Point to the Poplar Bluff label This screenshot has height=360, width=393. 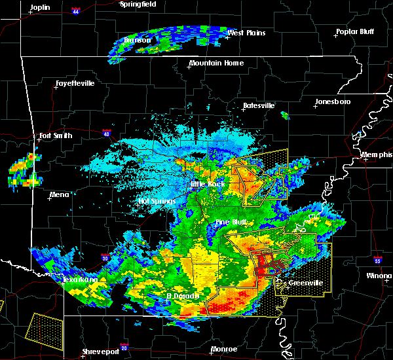click(x=354, y=31)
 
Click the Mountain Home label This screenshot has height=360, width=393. click(x=216, y=63)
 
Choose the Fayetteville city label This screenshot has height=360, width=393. click(x=75, y=84)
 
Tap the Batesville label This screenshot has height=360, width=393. click(x=259, y=105)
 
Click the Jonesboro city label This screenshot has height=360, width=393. click(x=333, y=101)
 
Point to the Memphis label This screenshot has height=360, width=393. click(x=377, y=154)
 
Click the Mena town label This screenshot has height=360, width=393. click(x=59, y=194)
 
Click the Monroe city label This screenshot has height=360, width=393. click(x=225, y=349)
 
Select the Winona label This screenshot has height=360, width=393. click(x=379, y=276)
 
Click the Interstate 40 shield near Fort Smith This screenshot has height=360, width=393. click(x=105, y=133)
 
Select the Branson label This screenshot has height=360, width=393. click(x=138, y=41)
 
